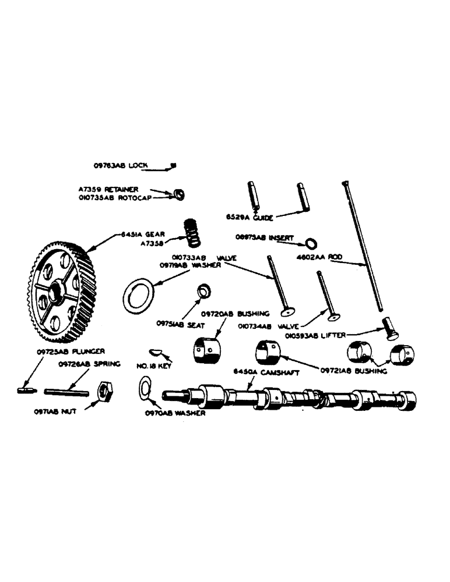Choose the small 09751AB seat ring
click(204, 289)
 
